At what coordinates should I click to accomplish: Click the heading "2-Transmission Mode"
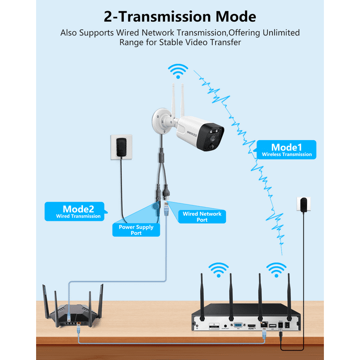point(180,17)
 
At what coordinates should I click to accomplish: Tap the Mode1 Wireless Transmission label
point(286,150)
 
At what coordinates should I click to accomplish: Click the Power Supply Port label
point(136,230)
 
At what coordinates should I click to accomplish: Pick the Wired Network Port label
point(202,216)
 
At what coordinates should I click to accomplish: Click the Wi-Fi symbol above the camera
point(179,72)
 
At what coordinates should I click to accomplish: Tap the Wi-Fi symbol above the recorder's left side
point(219,270)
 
